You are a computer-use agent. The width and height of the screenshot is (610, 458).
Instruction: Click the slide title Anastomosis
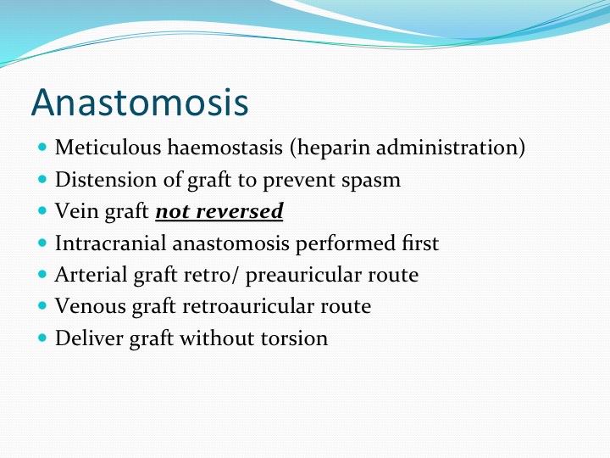click(x=140, y=102)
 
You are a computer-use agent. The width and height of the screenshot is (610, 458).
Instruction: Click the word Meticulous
click(x=108, y=148)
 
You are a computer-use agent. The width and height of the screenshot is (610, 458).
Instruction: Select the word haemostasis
click(x=225, y=148)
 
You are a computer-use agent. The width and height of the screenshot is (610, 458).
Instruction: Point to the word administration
click(x=447, y=148)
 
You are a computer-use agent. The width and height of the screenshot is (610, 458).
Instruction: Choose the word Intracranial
click(x=110, y=243)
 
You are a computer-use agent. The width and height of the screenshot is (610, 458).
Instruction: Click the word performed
click(x=346, y=244)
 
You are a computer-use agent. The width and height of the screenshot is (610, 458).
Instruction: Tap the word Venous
click(x=91, y=306)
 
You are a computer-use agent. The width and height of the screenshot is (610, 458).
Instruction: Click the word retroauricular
click(x=248, y=306)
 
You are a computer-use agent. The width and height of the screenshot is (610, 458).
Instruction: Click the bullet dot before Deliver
click(x=42, y=338)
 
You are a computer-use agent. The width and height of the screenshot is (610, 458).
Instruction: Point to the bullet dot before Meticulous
click(x=42, y=147)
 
